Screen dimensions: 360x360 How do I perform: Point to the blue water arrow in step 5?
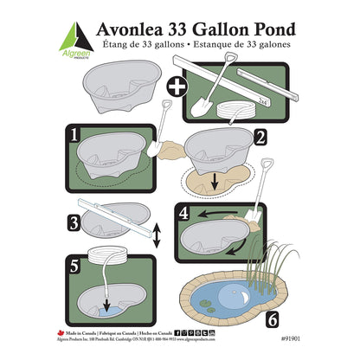tap(106, 303)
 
